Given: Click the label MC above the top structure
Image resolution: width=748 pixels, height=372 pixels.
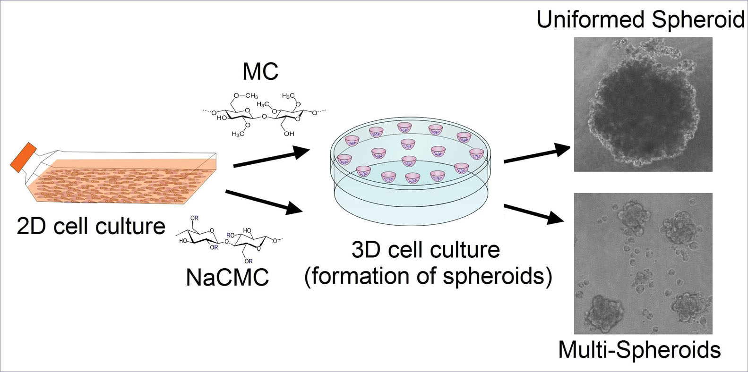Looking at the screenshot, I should coord(260,72).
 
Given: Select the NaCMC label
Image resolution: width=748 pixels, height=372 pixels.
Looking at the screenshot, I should coord(228,277).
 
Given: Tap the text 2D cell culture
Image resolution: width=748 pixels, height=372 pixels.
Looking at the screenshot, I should coord(91,226).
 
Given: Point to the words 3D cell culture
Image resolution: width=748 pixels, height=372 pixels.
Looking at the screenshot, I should coord(425,250).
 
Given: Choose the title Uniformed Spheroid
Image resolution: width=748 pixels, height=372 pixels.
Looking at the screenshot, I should coord(641,20).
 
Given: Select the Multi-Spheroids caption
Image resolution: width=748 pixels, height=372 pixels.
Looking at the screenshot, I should coord(639,350).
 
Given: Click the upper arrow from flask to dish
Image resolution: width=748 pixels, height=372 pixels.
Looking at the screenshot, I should coord(271,158).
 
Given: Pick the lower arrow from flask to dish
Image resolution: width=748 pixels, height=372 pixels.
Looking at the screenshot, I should coord(265,200).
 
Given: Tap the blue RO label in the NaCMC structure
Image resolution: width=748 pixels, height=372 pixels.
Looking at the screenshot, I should coord(230,235).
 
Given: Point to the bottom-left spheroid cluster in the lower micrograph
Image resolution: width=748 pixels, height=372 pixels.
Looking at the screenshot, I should coord(602,312).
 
